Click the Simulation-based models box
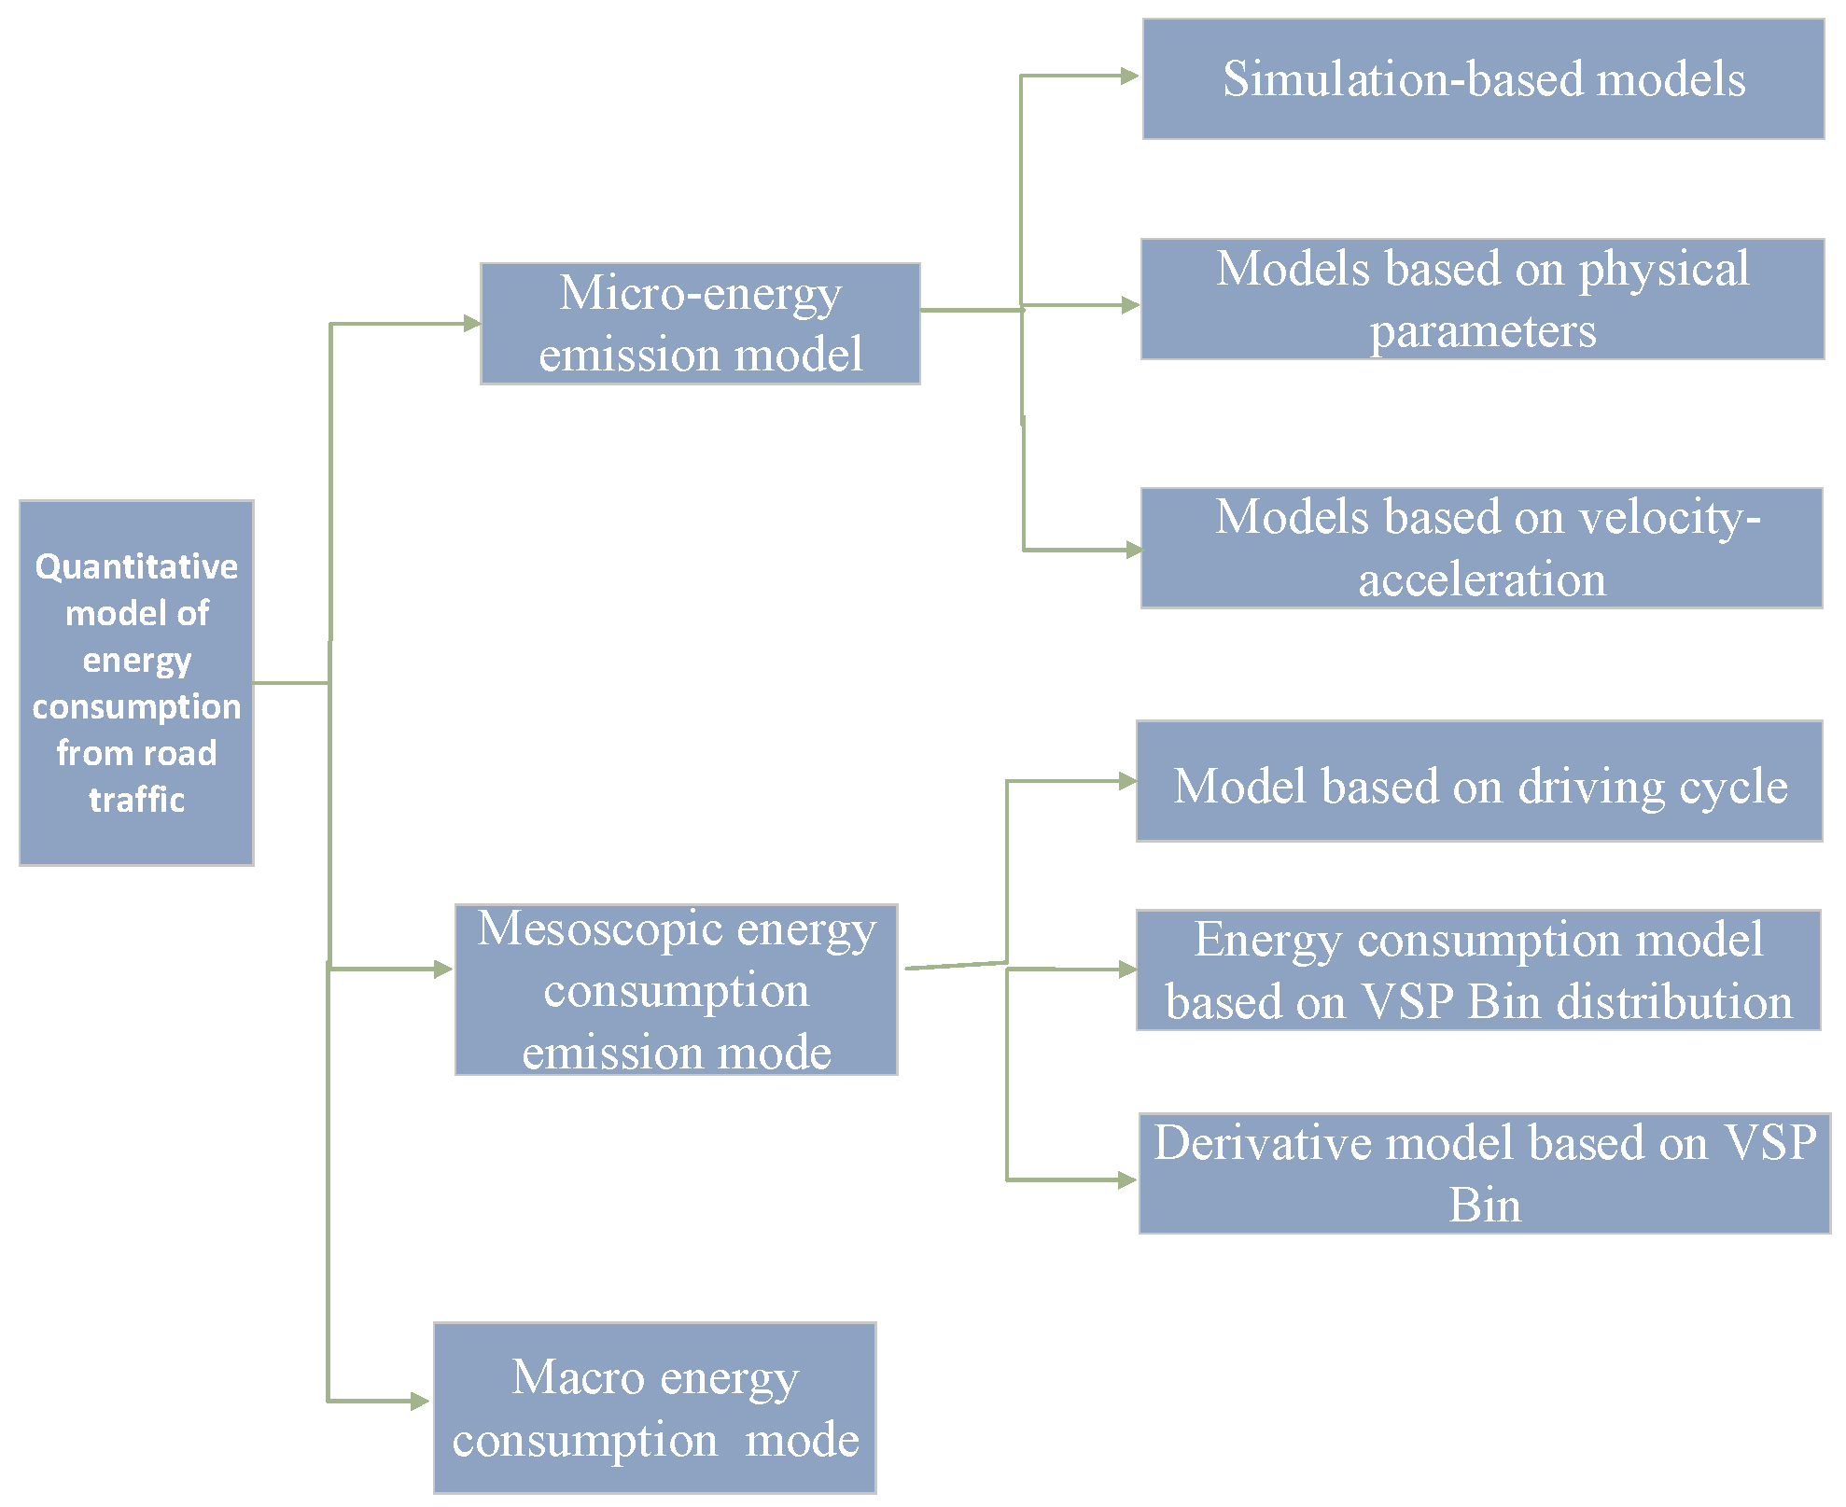click(1483, 79)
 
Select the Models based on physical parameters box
click(1482, 299)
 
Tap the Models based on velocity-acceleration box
click(1481, 548)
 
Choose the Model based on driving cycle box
click(1479, 781)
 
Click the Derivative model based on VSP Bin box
click(1484, 1173)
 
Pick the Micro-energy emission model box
click(700, 324)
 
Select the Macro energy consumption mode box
click(654, 1407)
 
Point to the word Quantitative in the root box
click(136, 566)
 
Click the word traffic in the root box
click(136, 800)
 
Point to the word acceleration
click(1482, 579)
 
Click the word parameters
click(1482, 331)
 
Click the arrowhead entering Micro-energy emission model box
click(471, 324)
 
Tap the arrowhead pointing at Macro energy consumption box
click(420, 1401)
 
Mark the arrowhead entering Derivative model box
click(1126, 1180)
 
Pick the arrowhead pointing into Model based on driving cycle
click(1126, 781)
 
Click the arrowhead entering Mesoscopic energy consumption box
click(443, 970)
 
